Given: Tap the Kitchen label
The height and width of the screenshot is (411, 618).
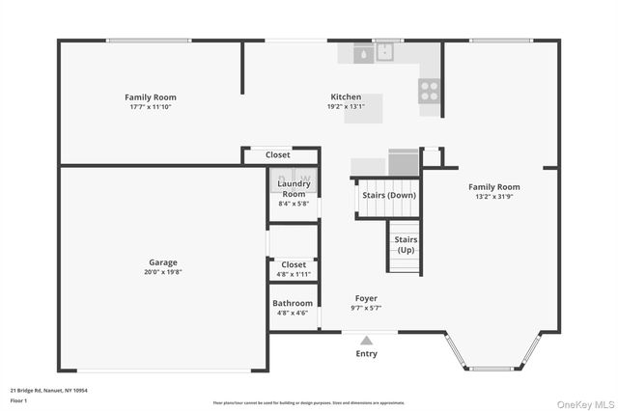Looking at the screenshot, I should [346, 97].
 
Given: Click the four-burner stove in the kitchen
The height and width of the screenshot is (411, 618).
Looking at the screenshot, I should [429, 90].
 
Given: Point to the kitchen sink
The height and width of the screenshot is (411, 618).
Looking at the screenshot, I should [373, 54].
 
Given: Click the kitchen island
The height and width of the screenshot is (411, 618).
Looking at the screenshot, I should [363, 108].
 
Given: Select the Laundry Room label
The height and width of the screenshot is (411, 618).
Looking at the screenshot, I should [294, 188].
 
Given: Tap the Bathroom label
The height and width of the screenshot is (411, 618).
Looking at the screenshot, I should [294, 303].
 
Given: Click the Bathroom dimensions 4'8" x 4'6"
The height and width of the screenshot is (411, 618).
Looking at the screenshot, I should [294, 313].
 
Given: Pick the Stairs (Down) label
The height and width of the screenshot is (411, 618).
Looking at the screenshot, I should [389, 195].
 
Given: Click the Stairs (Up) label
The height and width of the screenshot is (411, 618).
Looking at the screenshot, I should [407, 245].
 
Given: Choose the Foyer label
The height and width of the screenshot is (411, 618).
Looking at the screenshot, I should [366, 298].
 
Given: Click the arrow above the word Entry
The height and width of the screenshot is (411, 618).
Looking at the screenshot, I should [366, 340].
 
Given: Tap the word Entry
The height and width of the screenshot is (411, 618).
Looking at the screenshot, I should [366, 353].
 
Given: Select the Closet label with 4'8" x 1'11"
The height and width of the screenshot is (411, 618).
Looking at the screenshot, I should [294, 264].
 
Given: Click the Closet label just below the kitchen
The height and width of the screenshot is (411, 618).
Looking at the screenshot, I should [278, 154].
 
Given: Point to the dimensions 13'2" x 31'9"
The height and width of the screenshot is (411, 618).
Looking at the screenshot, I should [493, 197].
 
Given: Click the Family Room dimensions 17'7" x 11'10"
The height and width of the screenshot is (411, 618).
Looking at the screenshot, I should [151, 107].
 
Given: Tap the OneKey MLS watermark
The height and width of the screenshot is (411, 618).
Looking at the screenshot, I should [582, 403].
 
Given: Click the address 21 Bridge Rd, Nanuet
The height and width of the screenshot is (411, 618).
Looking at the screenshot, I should [49, 391].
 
